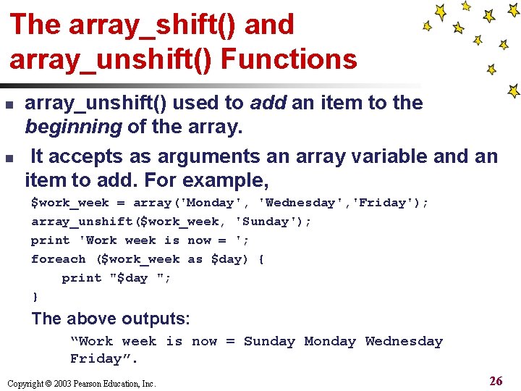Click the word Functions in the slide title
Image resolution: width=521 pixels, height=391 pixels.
click(289, 59)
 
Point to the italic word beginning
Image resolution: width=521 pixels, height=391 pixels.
click(73, 128)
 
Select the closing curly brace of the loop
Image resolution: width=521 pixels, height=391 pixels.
click(35, 297)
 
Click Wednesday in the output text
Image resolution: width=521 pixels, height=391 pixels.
click(403, 342)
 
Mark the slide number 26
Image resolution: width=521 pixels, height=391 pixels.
click(496, 381)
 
